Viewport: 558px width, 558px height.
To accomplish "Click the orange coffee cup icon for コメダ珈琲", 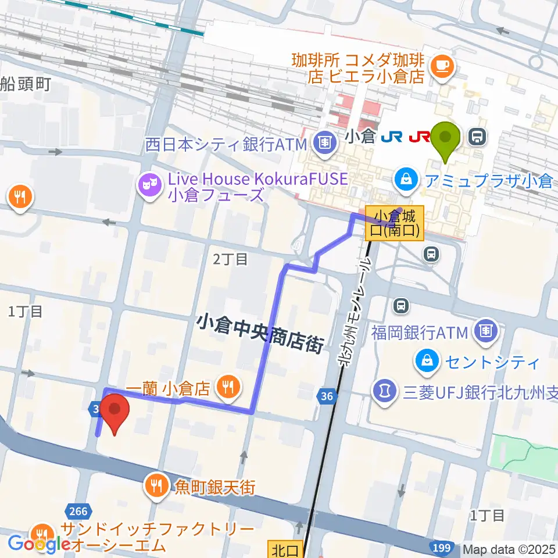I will point(441,66).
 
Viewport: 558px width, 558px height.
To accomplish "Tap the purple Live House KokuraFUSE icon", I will point(149,187).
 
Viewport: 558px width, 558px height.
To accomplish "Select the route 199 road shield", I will point(442,548).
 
